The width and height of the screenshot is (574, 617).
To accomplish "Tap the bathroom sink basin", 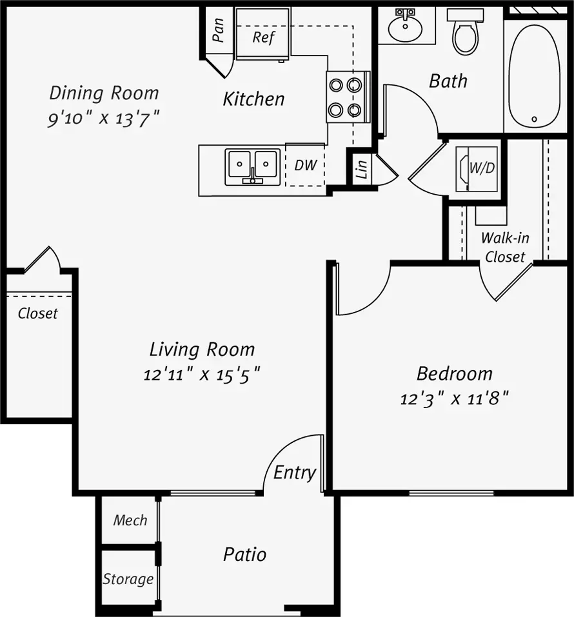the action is [x=405, y=28].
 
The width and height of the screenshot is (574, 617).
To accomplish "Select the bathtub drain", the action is [x=534, y=119].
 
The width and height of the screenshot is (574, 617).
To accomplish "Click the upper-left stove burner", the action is [x=336, y=85].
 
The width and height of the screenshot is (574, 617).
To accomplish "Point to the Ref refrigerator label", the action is [x=263, y=37].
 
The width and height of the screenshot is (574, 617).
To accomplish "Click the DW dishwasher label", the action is [x=306, y=165].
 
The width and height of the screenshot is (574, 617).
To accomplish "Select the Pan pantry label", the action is [x=218, y=30].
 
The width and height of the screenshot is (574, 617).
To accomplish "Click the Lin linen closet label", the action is [x=361, y=169].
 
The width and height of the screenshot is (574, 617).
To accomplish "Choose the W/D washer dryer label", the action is [x=482, y=168].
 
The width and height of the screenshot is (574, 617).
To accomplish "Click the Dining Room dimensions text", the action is [x=104, y=119].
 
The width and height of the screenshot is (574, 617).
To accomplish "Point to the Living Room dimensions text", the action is [x=202, y=375].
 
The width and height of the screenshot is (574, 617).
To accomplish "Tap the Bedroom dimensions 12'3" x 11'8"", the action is [x=454, y=399].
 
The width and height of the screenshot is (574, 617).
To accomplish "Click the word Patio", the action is [x=245, y=555].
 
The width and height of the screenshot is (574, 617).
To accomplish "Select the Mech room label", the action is [x=130, y=520].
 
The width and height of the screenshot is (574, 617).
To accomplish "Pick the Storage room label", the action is [x=128, y=579].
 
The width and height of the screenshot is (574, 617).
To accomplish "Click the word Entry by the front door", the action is [x=295, y=473].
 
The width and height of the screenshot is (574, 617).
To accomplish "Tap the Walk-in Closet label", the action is [x=505, y=248].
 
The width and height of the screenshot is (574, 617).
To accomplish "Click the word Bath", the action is [x=448, y=81].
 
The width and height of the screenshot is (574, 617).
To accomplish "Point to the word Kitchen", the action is [x=253, y=99].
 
